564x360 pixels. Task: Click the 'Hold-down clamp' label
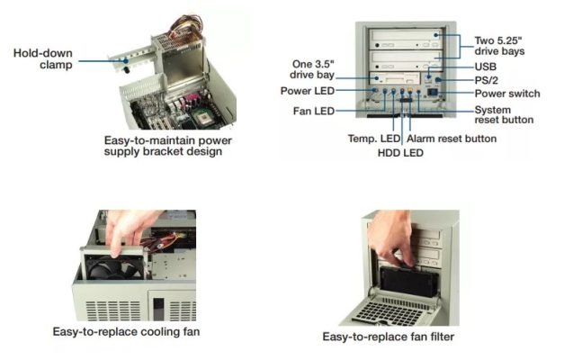tap(43, 58)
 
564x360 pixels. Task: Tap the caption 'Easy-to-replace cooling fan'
tap(126, 331)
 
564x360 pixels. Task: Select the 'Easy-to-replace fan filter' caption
tap(389, 337)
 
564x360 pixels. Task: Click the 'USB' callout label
tap(486, 67)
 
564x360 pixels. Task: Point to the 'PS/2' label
tap(487, 80)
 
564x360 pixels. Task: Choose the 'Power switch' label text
tap(507, 94)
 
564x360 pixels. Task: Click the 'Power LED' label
tap(308, 91)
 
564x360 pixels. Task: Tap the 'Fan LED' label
tap(314, 111)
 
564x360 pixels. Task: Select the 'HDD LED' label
tap(400, 153)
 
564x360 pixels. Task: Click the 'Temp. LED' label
tap(374, 139)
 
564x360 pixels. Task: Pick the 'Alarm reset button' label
tap(452, 139)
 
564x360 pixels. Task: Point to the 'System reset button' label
tap(504, 115)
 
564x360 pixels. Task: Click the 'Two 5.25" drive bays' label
tap(499, 46)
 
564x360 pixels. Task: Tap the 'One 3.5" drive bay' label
tap(312, 69)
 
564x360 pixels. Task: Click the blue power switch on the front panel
tap(433, 93)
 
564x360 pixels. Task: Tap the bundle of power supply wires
tap(184, 26)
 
